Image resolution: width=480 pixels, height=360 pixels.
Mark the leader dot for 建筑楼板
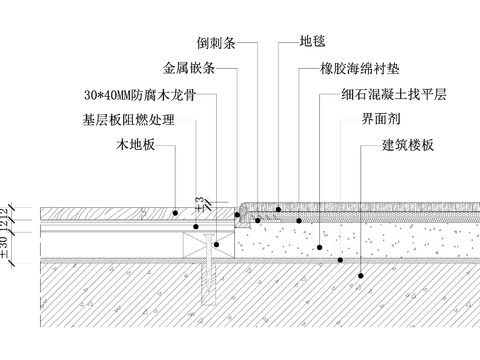tap(340, 260)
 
